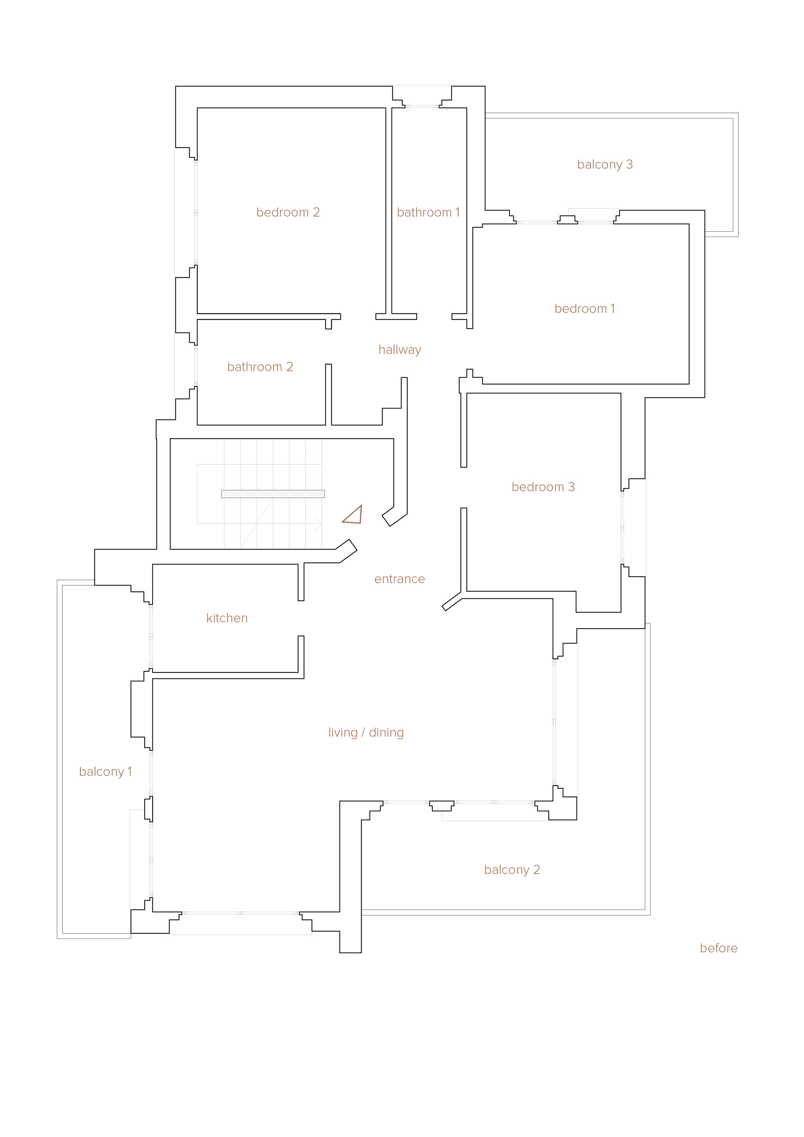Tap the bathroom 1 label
pyautogui.click(x=428, y=213)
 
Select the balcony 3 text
pyautogui.click(x=605, y=164)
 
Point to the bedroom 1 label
pyautogui.click(x=584, y=308)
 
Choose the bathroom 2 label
pyautogui.click(x=260, y=367)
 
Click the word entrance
pyautogui.click(x=399, y=579)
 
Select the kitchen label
pyautogui.click(x=227, y=618)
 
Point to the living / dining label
pyautogui.click(x=366, y=732)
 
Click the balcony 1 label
pyautogui.click(x=105, y=772)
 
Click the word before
pyautogui.click(x=718, y=948)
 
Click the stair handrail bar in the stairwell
pyautogui.click(x=273, y=494)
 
